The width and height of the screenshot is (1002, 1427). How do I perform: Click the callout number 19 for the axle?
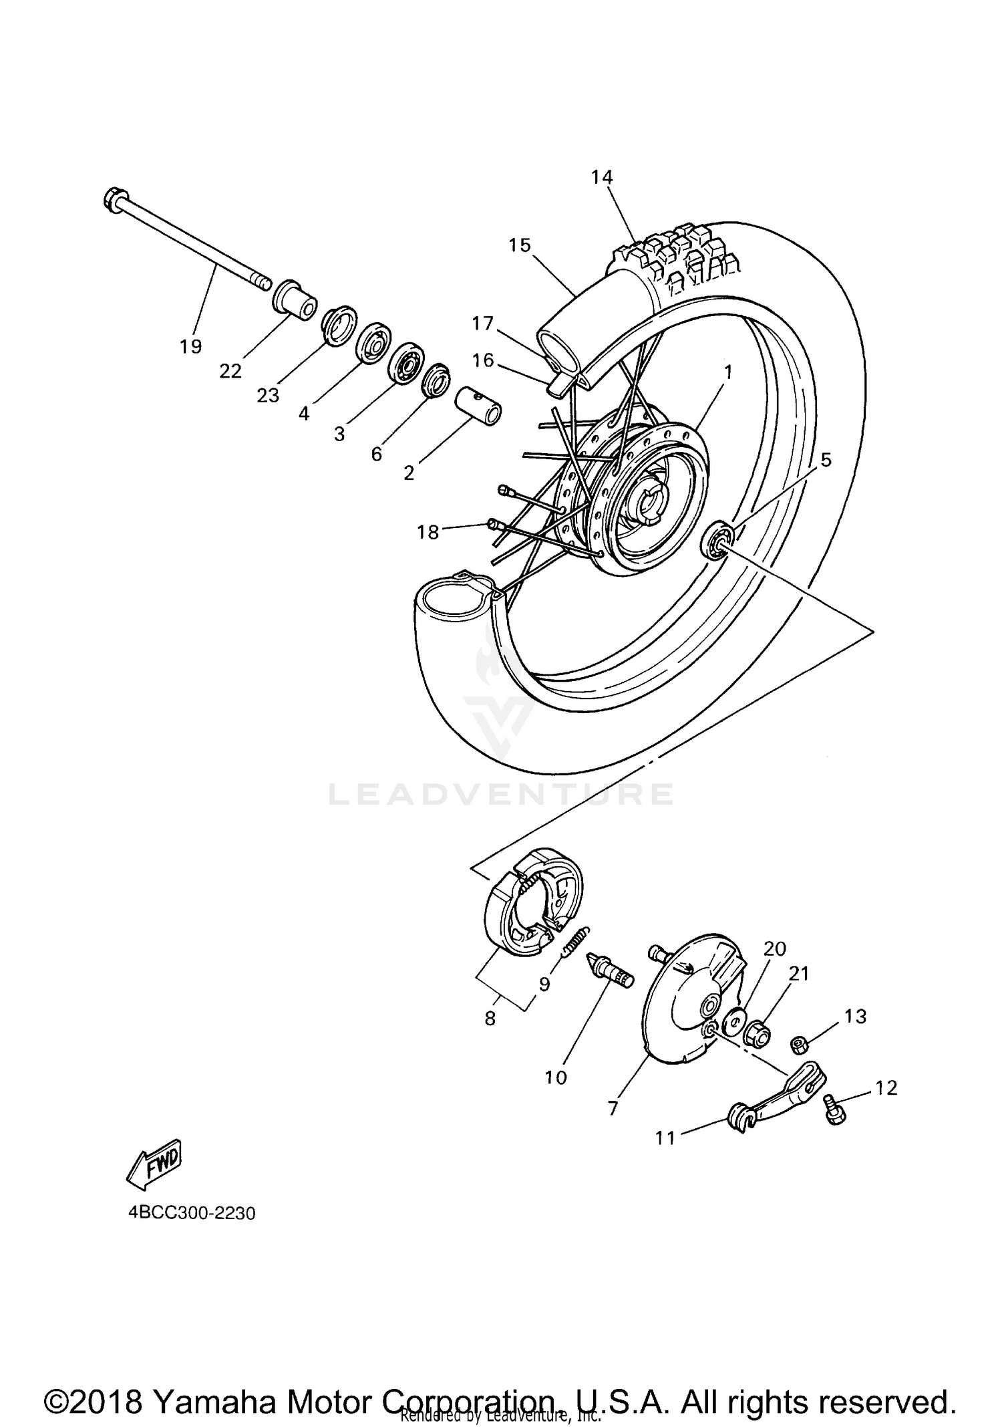click(190, 346)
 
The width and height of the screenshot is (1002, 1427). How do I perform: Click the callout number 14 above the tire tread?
click(601, 177)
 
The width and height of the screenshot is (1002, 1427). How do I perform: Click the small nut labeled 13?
click(798, 1043)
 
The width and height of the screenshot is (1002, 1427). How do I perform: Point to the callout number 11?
click(665, 1137)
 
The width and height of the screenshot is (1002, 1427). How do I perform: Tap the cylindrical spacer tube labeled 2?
click(478, 406)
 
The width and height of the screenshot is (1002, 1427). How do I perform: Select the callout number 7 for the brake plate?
click(613, 1108)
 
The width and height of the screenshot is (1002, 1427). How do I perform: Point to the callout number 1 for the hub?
click(728, 372)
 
